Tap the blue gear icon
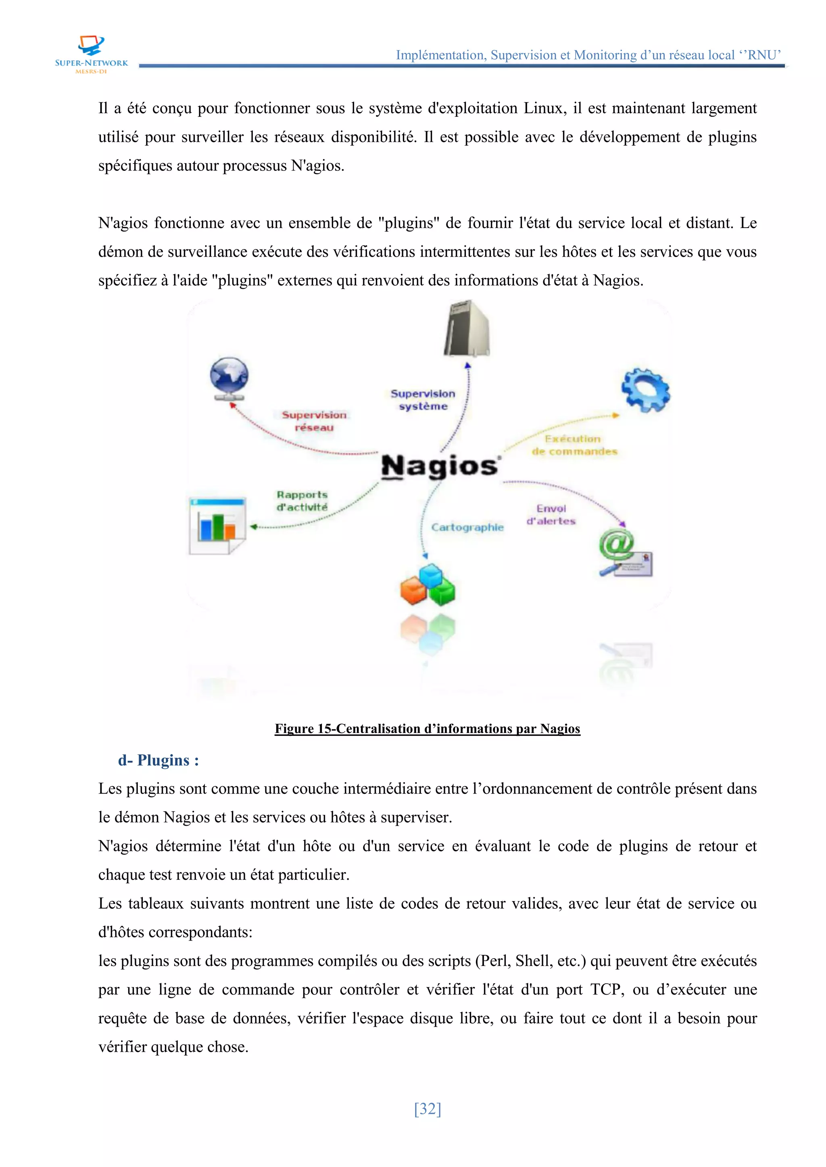(x=645, y=390)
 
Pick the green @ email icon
(x=624, y=553)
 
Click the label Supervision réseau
(x=314, y=421)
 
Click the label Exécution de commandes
(x=574, y=445)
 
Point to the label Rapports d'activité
(x=302, y=500)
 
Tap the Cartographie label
(x=467, y=527)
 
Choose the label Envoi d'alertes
(x=551, y=514)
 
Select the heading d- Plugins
(x=158, y=760)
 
